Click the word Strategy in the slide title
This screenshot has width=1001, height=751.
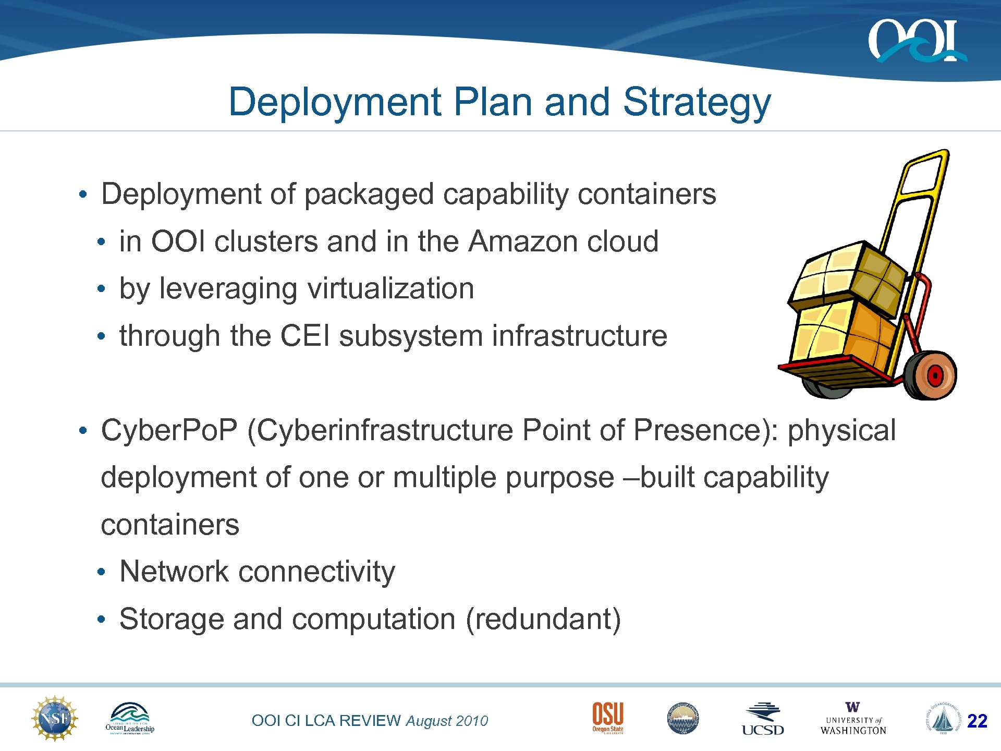[x=697, y=102]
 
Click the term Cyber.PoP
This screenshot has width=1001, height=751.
[x=169, y=430]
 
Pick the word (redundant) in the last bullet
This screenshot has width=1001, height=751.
[x=543, y=619]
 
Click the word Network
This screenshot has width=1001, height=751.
[x=174, y=572]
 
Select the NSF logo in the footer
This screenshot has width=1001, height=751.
[x=55, y=719]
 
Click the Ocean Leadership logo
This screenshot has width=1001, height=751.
[x=130, y=719]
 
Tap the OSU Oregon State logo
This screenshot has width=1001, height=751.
[x=607, y=718]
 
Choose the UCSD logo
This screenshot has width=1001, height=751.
[x=763, y=719]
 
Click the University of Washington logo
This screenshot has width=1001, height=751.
[x=853, y=719]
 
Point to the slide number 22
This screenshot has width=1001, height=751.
[x=977, y=721]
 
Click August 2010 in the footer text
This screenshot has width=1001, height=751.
[x=447, y=721]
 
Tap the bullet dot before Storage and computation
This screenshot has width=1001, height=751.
[x=101, y=620]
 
